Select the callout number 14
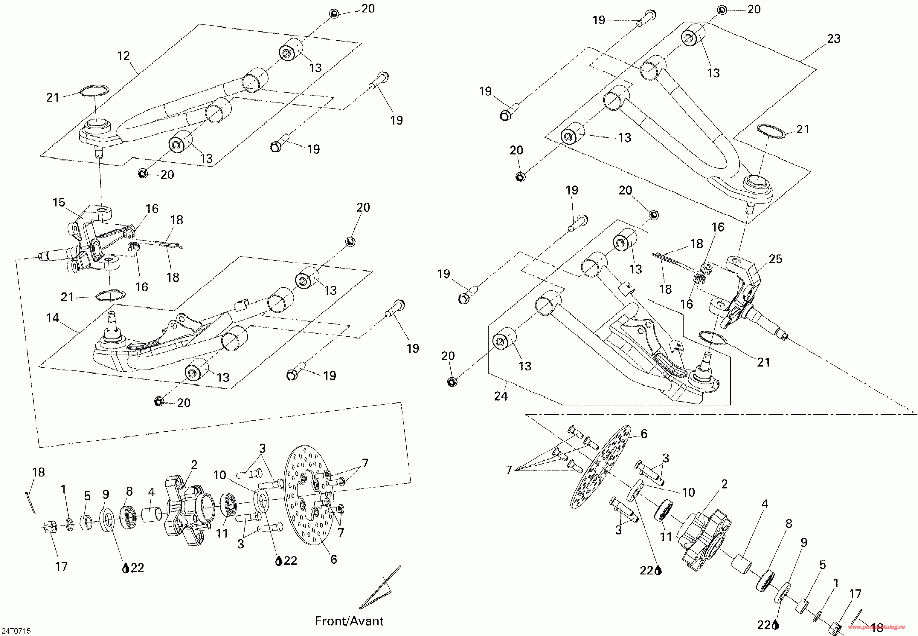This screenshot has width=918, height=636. [52, 318]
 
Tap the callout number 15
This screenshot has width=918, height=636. [59, 203]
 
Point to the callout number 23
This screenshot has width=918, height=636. [833, 39]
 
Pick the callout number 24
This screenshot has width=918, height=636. [501, 396]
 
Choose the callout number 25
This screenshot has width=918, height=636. [775, 259]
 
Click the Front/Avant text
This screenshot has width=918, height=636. [349, 621]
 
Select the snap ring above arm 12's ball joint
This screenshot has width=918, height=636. [94, 91]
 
